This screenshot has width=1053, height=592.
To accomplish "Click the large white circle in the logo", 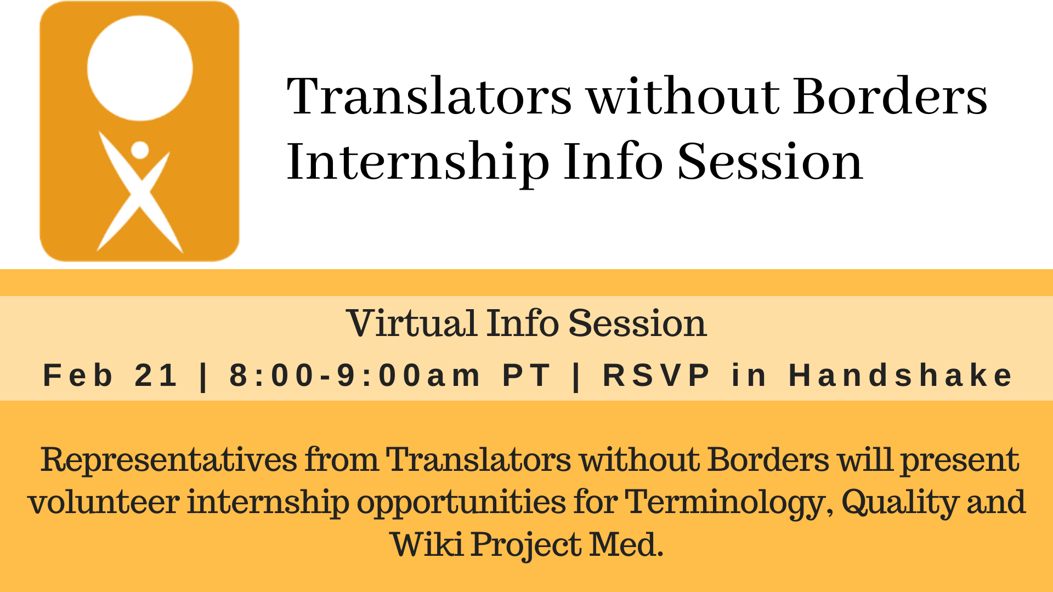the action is click(x=140, y=68).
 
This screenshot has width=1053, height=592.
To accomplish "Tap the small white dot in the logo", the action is click(x=140, y=150).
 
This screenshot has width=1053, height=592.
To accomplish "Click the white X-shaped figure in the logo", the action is click(x=139, y=192).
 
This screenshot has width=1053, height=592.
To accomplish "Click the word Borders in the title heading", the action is click(x=890, y=96).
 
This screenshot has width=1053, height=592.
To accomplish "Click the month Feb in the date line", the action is click(x=78, y=375).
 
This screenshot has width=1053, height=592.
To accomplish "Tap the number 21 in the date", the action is click(x=156, y=375).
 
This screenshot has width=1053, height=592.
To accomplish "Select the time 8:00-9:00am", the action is click(x=354, y=375).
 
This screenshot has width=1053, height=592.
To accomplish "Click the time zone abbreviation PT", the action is click(x=526, y=375).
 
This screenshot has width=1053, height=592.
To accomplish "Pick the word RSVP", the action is click(x=656, y=375).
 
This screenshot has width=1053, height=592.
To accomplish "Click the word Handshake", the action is click(x=901, y=375).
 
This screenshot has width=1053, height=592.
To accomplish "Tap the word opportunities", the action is click(x=461, y=503).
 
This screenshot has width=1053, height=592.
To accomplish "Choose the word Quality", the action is click(x=900, y=503).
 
